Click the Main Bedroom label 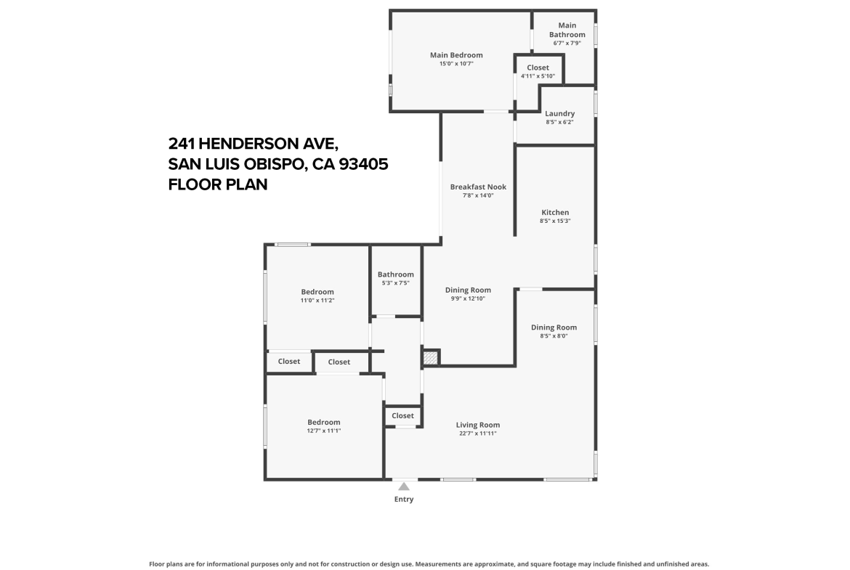(x=456, y=54)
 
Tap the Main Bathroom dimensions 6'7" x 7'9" (x=567, y=43)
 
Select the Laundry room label (x=559, y=113)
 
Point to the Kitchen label (x=555, y=213)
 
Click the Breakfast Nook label (x=478, y=187)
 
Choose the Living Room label (x=477, y=425)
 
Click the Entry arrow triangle (x=404, y=486)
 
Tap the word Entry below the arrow (x=404, y=499)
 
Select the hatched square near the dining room (x=430, y=358)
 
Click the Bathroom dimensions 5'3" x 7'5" (x=396, y=283)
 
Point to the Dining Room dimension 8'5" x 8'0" (x=554, y=336)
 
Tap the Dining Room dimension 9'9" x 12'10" (x=468, y=298)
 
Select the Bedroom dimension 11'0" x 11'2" (x=317, y=300)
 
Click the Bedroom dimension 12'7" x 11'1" (x=323, y=431)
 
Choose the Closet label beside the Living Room (x=402, y=415)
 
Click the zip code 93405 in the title (x=364, y=163)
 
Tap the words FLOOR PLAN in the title (x=218, y=184)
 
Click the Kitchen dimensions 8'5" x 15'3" (x=555, y=221)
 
